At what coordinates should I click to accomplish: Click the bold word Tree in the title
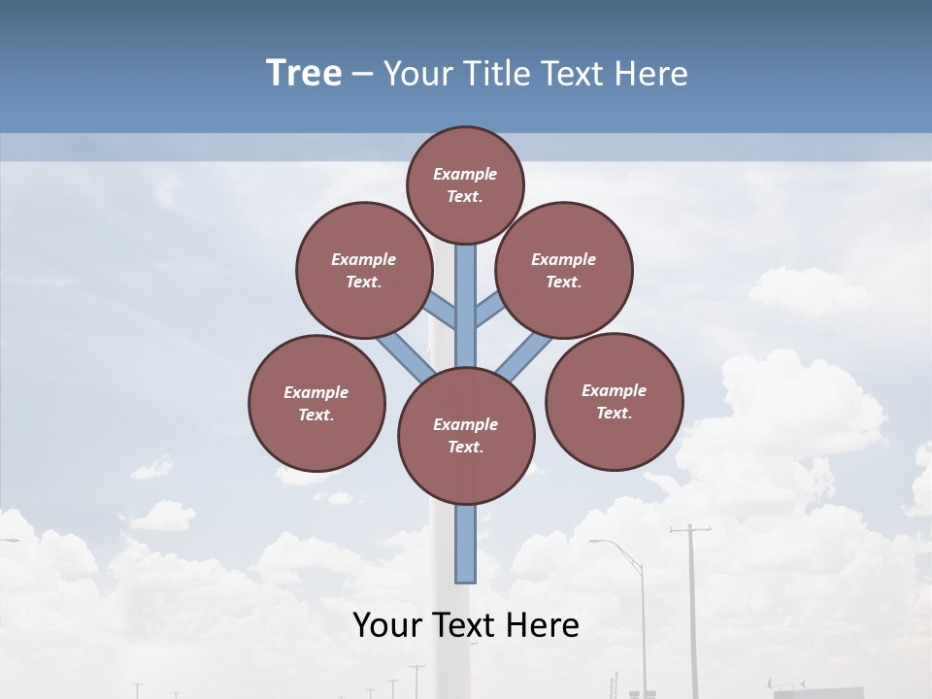coord(304,73)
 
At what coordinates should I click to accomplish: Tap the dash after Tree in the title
coord(363,75)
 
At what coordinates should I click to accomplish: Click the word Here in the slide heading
coord(652,74)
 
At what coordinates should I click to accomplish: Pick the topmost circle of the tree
coord(465,184)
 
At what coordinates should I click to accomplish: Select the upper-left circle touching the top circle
coord(364,270)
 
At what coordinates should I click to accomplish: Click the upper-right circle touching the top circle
coord(564,270)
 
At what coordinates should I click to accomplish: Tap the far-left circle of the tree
coord(316,403)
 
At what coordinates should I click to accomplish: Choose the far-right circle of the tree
coord(615,401)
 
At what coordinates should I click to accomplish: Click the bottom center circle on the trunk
coord(466,436)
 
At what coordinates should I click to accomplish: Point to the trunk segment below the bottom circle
coord(466,544)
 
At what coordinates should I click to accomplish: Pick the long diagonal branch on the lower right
coord(524,355)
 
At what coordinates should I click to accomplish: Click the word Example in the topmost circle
coord(465,174)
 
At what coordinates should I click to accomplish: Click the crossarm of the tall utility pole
coord(689,530)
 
